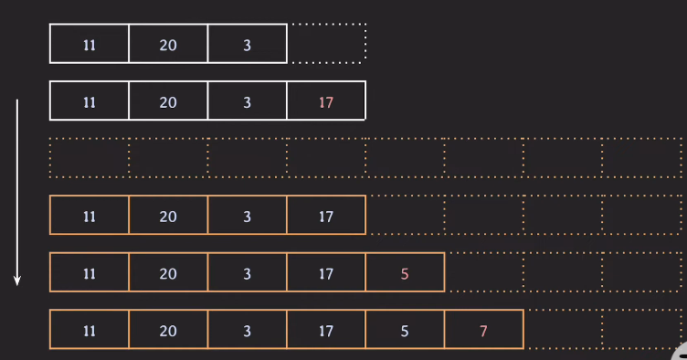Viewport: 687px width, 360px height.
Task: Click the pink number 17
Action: pos(326,101)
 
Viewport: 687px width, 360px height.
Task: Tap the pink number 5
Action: pos(405,272)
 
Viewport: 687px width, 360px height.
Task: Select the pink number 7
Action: pos(484,330)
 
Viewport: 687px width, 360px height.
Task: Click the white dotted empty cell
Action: pos(328,43)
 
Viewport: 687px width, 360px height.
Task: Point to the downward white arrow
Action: pos(16,192)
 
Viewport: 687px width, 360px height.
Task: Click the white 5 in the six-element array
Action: pos(405,330)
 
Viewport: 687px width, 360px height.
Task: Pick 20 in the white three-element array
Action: pos(168,44)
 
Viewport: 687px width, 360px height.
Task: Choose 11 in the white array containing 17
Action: pos(90,101)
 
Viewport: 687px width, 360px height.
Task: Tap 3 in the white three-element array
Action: pos(247,44)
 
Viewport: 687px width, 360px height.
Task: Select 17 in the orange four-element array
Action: pos(326,216)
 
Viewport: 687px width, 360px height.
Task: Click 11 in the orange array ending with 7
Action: pos(90,330)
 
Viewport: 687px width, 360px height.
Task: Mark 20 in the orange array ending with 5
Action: pos(168,272)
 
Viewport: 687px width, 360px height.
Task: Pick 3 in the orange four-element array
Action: pos(247,216)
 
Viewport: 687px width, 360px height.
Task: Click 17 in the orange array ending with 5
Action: pos(326,272)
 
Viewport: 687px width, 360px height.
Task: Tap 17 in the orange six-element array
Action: pos(326,330)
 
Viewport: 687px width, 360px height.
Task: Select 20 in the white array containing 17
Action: pos(168,101)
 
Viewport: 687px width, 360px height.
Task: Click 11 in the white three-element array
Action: pos(90,44)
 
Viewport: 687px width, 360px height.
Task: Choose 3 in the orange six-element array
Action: pos(247,330)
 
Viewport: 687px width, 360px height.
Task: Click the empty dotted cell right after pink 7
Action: pos(563,330)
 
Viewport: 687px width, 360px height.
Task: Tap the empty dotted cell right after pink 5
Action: pos(484,272)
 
